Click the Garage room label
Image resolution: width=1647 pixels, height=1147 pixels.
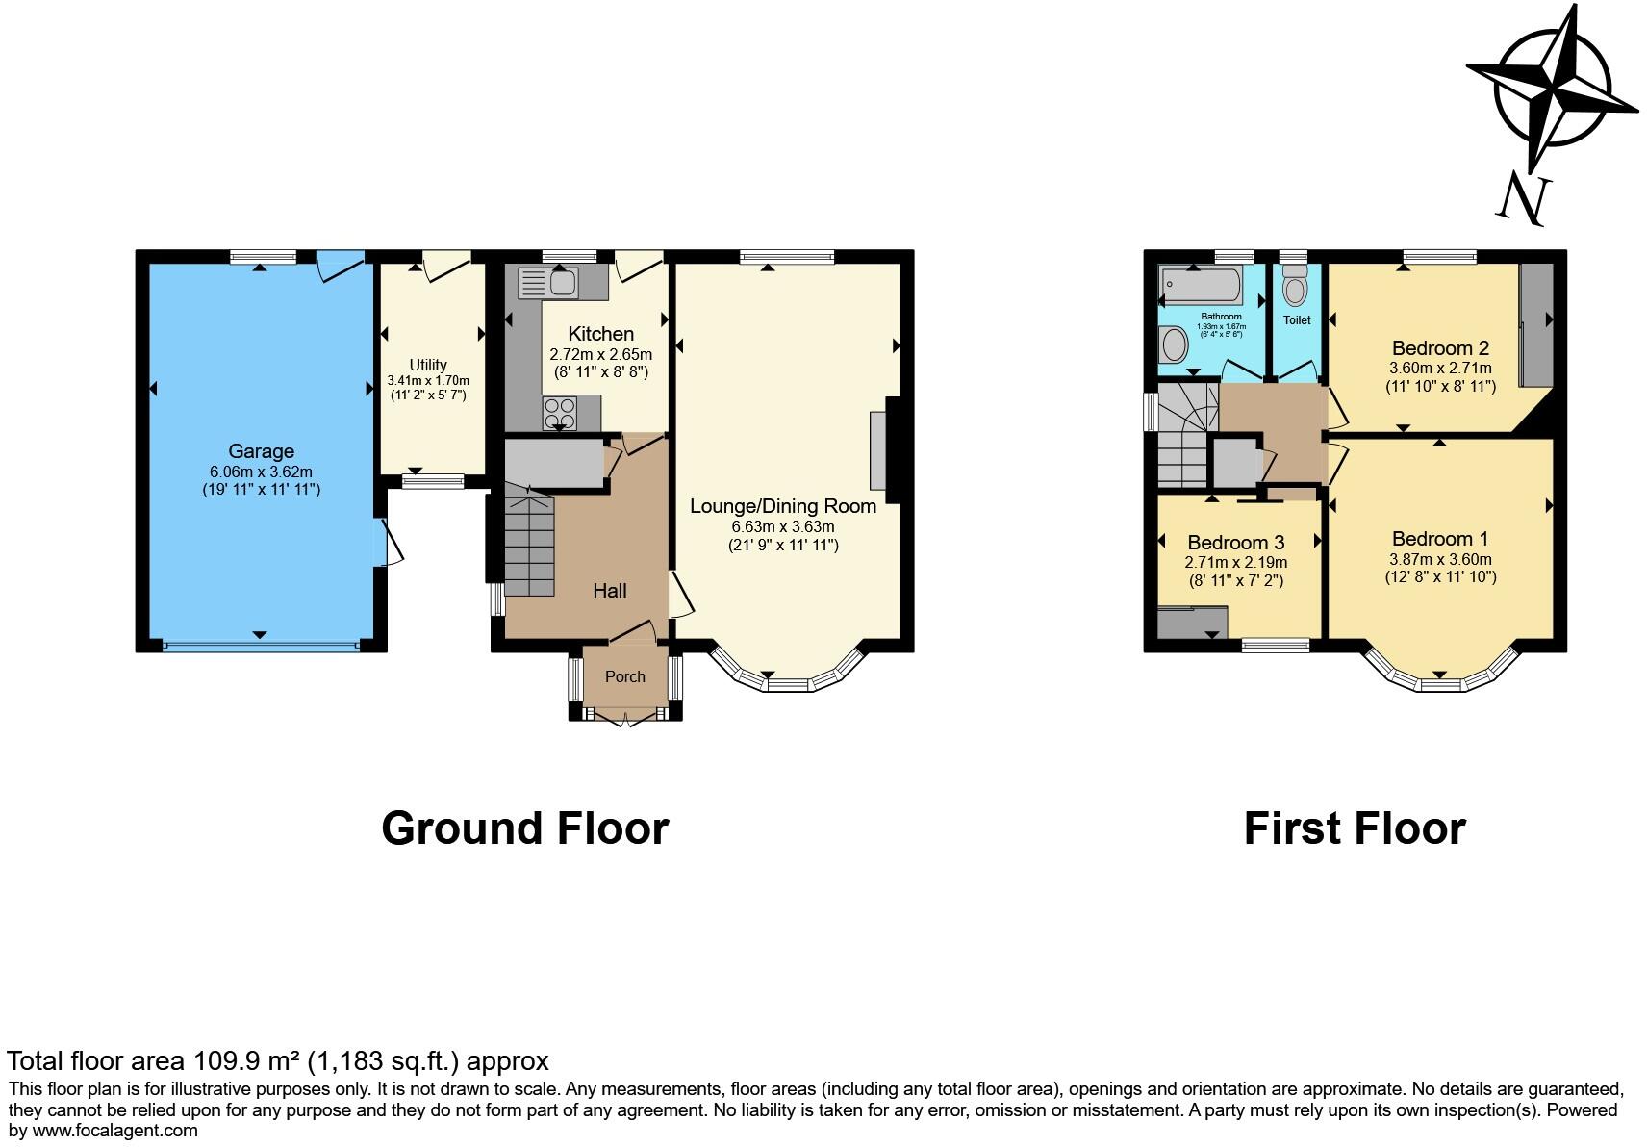(261, 451)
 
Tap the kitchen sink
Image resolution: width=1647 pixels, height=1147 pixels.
(547, 283)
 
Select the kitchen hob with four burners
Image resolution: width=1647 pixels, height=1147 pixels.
(559, 413)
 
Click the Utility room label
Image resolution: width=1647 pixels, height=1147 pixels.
(428, 365)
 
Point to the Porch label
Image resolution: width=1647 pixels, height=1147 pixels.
(624, 676)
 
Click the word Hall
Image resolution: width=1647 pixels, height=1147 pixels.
(610, 591)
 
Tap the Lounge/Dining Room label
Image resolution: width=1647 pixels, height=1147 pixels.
(783, 506)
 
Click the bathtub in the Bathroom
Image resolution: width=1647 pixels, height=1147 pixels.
(1202, 285)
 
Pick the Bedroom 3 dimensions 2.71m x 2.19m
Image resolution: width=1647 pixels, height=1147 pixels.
(1235, 563)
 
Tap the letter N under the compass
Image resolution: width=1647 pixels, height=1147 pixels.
(1524, 199)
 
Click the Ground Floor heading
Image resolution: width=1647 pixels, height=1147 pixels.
(524, 828)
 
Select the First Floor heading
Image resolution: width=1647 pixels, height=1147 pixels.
(1354, 828)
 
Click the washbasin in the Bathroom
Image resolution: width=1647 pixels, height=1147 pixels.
(1174, 344)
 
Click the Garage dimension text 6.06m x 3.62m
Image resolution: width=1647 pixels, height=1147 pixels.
(261, 472)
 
